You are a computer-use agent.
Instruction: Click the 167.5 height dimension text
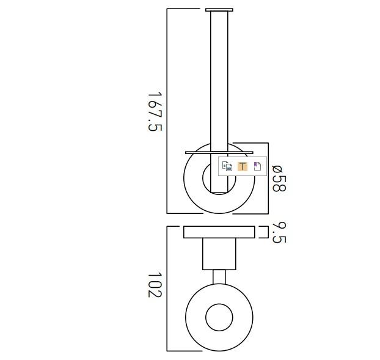click(155, 112)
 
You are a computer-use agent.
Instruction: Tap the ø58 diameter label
click(278, 178)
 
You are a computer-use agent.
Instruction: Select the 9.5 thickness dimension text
click(278, 232)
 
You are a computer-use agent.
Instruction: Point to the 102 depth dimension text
click(155, 285)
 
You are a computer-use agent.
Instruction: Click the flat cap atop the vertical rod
click(219, 10)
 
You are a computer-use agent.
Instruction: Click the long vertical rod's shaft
click(219, 79)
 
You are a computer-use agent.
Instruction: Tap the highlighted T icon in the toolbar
click(242, 166)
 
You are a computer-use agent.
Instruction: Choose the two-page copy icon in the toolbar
click(227, 166)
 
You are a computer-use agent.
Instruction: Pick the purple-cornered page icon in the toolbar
click(257, 166)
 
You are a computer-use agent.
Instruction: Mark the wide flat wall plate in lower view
click(219, 232)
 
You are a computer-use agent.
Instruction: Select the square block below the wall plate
click(219, 254)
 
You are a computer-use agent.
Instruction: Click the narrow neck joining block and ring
click(219, 277)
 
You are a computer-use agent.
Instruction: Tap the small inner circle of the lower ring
click(219, 318)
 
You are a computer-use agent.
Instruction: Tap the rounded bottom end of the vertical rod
click(219, 191)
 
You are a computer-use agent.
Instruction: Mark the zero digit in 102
click(155, 285)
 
